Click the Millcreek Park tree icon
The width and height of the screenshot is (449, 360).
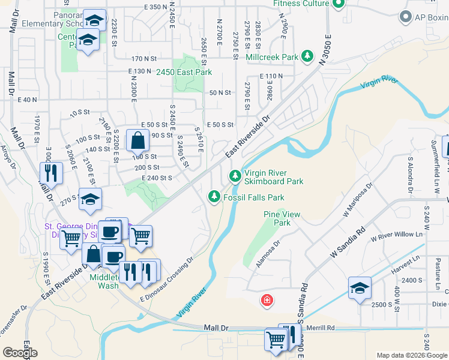307,56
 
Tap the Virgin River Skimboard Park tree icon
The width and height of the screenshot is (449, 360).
235,176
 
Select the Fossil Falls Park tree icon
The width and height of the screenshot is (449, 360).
214,196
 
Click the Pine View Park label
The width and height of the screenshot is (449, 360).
277,218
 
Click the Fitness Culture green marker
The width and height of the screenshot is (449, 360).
338,5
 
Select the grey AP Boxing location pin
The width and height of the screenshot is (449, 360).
406,17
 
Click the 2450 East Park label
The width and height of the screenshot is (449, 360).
184,72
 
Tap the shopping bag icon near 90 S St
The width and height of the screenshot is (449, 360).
137,141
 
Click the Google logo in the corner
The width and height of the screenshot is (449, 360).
20,353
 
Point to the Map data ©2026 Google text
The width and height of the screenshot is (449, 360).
411,355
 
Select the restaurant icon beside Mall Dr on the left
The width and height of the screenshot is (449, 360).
50,173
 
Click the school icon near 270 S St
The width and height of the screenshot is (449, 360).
90,200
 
